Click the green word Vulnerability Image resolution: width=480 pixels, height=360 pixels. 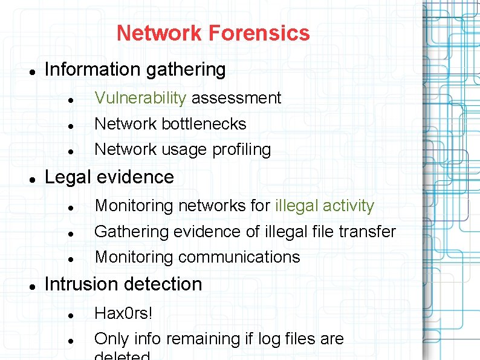(x=140, y=98)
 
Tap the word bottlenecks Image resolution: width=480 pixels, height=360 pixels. (x=204, y=124)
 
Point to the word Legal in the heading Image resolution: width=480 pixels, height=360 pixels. (x=68, y=177)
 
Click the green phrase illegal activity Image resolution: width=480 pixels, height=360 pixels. (x=325, y=206)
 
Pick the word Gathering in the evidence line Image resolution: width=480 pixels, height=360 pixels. (x=132, y=232)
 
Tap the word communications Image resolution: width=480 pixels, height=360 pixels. (x=239, y=257)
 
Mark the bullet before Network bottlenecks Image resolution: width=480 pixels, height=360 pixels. (x=71, y=125)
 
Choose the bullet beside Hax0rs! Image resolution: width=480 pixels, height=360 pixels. (x=71, y=315)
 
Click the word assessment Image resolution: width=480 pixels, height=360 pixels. (x=236, y=98)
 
